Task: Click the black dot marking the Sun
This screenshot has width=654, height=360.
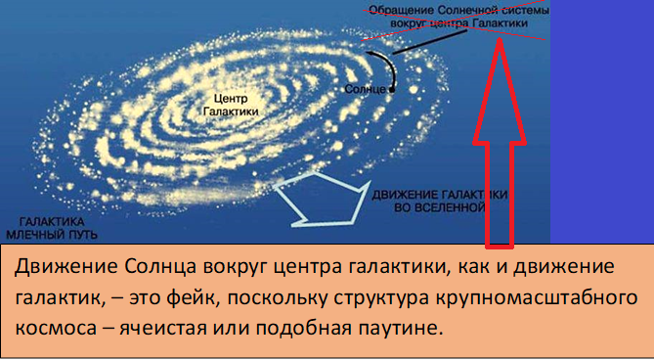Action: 391,89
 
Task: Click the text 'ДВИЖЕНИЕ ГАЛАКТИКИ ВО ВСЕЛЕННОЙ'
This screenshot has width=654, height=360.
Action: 431,202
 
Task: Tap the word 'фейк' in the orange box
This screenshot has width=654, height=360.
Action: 241,296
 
